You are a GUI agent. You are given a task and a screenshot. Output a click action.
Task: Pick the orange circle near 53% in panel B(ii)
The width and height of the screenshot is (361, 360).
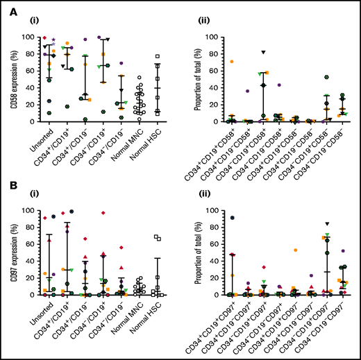click(x=296, y=250)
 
